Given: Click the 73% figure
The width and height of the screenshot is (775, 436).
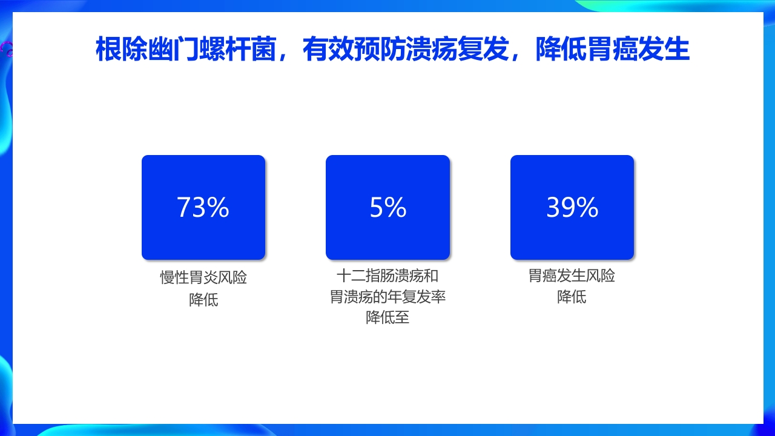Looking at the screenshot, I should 203,208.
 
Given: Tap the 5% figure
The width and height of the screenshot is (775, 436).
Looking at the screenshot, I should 387,208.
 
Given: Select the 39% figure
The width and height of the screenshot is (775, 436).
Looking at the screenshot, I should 572,208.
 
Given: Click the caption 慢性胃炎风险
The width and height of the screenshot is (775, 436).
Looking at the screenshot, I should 203,278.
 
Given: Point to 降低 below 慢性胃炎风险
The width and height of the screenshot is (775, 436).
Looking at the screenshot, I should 203,299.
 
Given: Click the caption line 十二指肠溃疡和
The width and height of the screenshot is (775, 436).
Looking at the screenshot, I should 387,276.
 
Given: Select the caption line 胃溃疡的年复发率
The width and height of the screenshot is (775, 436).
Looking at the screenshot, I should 387,297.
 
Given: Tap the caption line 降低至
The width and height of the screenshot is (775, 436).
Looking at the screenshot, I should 387,317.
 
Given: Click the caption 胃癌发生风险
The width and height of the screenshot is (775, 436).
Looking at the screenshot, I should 572,276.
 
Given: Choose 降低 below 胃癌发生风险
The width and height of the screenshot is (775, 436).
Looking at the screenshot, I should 572,297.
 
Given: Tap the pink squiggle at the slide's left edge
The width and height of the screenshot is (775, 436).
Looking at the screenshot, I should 7,48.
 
